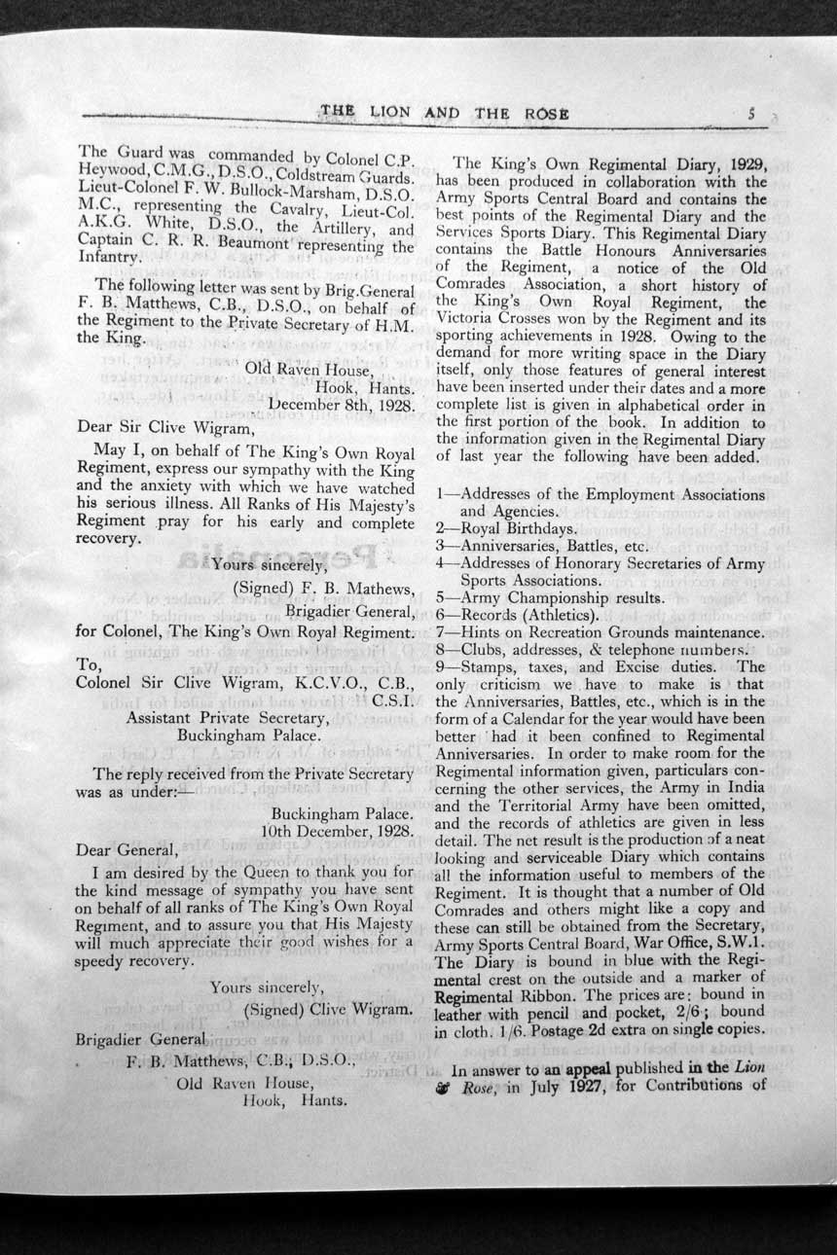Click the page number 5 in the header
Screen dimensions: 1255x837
click(753, 113)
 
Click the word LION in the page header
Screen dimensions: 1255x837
click(390, 114)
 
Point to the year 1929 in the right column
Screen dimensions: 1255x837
click(745, 163)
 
